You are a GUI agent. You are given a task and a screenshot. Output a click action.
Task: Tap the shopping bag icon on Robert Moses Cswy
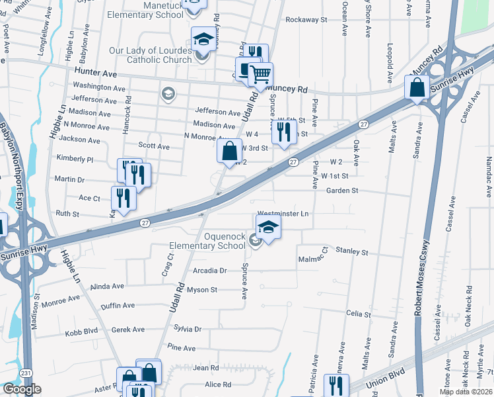417,88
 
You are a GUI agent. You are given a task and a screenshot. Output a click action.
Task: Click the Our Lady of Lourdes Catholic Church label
152,55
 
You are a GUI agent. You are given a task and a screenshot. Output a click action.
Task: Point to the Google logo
22,389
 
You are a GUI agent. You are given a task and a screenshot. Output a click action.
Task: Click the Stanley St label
351,251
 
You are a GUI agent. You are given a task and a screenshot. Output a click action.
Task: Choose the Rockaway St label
306,20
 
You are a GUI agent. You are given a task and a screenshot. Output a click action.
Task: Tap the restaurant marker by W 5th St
283,131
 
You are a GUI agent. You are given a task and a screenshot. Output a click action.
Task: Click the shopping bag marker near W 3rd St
229,151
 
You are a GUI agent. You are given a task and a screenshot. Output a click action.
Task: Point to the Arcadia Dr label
210,271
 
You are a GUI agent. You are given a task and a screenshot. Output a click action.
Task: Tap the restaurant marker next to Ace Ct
123,197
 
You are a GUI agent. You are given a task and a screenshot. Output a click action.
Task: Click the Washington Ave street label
98,87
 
